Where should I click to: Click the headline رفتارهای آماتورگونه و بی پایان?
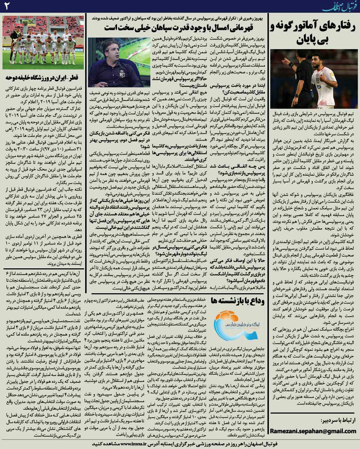pos(314,33)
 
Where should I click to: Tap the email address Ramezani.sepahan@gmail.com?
pos(313,431)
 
